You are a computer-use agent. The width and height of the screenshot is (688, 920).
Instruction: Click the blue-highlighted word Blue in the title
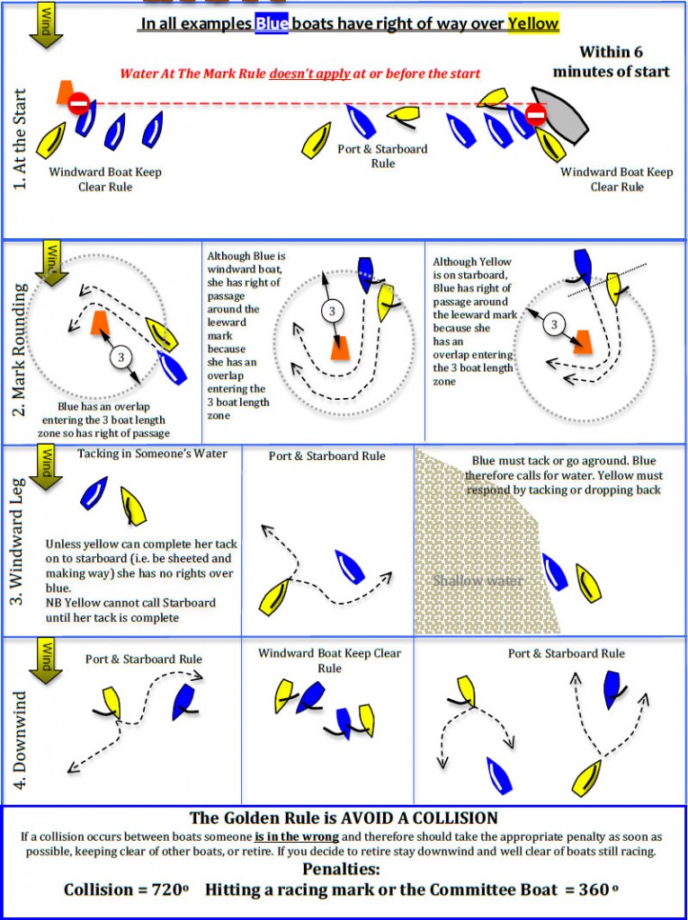[x=272, y=23]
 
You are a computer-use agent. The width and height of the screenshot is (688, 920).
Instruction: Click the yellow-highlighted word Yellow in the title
[x=533, y=23]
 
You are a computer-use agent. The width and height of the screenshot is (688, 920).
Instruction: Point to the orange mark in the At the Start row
[x=64, y=91]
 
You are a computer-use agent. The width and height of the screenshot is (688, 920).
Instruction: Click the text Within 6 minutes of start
[x=611, y=61]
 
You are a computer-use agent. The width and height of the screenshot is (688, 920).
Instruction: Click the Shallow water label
[x=478, y=580]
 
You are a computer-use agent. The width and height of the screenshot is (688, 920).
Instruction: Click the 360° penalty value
[x=598, y=889]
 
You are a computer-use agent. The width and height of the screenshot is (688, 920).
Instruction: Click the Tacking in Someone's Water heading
[x=152, y=454]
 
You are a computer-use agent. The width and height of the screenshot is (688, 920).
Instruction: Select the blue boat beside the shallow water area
[x=555, y=572]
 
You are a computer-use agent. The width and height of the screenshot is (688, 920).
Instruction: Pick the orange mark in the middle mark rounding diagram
[x=340, y=347]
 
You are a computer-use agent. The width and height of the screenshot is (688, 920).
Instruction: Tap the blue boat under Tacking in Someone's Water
[x=94, y=491]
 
